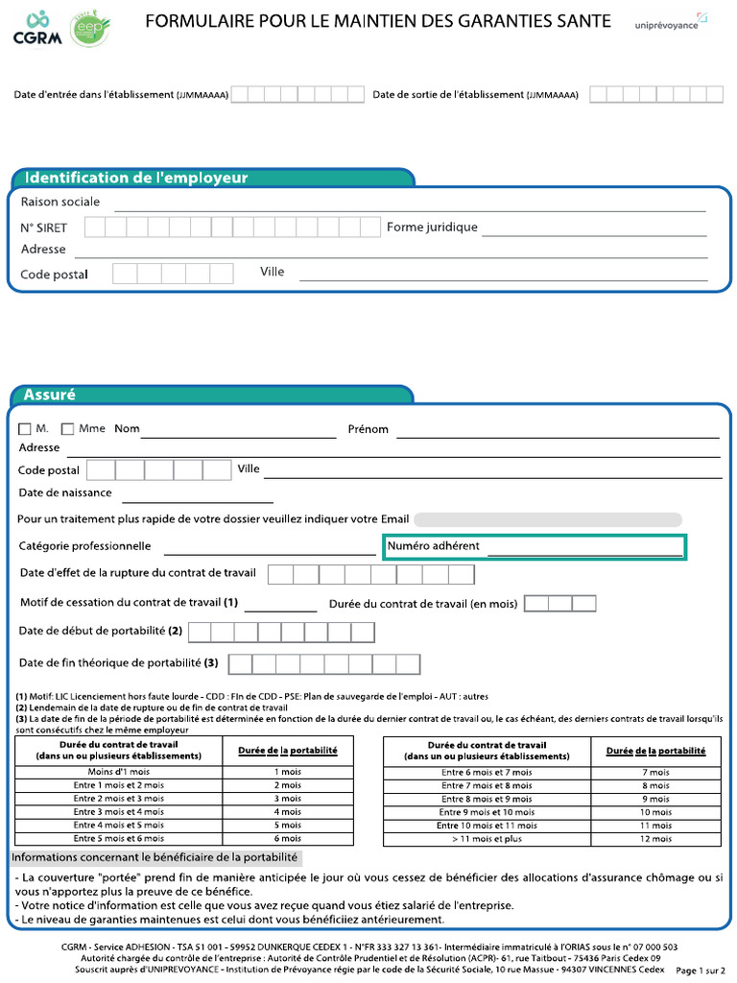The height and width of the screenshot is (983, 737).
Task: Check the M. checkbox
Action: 25,429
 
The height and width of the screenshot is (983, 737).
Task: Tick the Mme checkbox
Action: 68,429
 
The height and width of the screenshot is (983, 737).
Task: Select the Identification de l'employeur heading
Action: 135,178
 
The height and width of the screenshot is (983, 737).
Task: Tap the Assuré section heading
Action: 50,395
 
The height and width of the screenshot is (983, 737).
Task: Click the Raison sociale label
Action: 60,202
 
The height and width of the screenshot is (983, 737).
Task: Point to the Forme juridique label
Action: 432,228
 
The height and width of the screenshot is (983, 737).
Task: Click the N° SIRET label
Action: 44,228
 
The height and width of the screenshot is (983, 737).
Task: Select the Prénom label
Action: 368,429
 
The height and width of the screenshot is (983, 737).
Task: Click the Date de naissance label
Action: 65,492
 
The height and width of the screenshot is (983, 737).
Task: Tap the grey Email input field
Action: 547,519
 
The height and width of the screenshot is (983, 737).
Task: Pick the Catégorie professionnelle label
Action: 85,546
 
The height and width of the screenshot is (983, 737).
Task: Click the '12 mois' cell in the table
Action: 655,839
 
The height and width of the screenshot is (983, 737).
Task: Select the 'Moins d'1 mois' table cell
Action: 119,772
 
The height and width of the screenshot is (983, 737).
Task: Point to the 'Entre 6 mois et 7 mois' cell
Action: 487,772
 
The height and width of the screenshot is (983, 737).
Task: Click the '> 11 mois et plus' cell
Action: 487,839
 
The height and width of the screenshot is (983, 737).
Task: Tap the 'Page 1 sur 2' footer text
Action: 701,971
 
